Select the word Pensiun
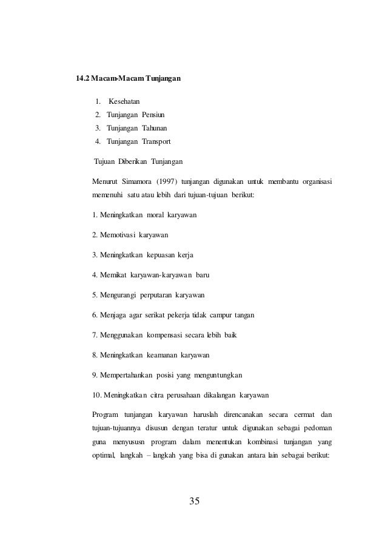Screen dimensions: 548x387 click(x=153, y=115)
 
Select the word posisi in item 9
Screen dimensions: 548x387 click(x=174, y=374)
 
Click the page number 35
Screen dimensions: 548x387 click(x=194, y=501)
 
